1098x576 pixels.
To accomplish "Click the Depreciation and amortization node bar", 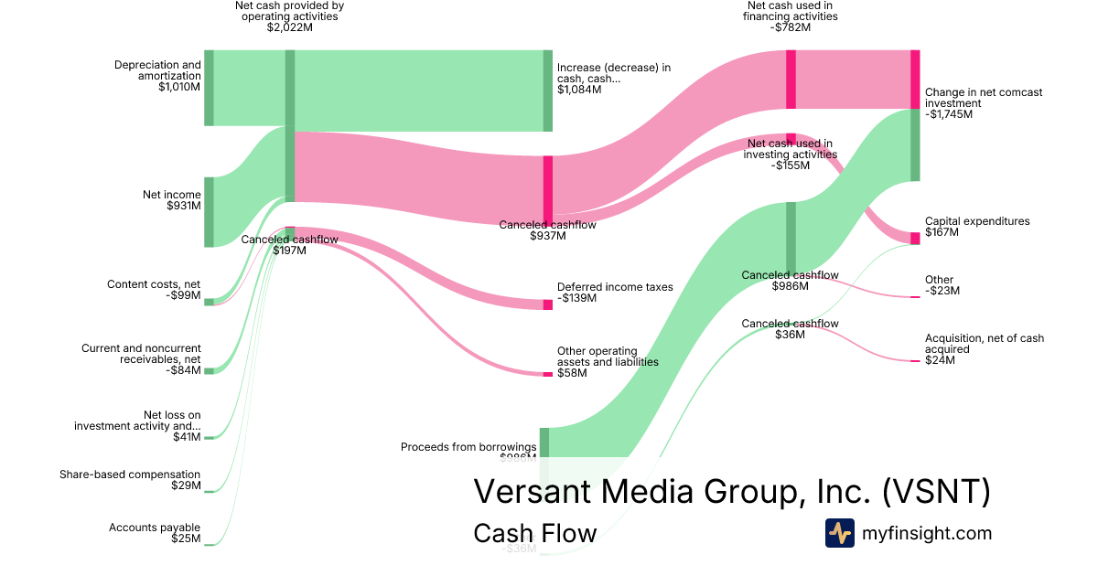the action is click(x=209, y=88).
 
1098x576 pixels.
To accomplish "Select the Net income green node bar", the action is click(x=209, y=212).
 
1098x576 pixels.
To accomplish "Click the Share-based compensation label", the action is click(x=130, y=475).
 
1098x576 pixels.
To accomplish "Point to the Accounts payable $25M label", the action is click(x=155, y=533).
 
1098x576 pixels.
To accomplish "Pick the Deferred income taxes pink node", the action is click(x=548, y=304).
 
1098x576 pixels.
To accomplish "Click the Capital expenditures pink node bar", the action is click(x=915, y=239).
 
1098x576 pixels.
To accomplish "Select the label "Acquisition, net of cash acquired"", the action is click(x=984, y=344).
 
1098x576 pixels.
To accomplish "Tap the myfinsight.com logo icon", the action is click(x=839, y=533).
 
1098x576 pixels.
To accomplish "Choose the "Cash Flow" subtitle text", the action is click(x=534, y=533).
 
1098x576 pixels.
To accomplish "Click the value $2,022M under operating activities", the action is click(x=290, y=27).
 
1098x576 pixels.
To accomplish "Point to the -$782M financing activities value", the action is click(x=791, y=27).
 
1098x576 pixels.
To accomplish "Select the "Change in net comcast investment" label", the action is click(x=983, y=98).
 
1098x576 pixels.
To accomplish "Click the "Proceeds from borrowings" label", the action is click(x=468, y=447).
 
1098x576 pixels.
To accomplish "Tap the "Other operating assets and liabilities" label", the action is click(x=608, y=357).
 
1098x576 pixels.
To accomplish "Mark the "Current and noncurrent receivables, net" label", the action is click(x=141, y=354).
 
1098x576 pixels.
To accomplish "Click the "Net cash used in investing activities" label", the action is click(x=790, y=149).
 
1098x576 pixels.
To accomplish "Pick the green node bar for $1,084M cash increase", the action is click(x=548, y=91).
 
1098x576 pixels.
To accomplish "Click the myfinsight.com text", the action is click(x=927, y=533).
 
